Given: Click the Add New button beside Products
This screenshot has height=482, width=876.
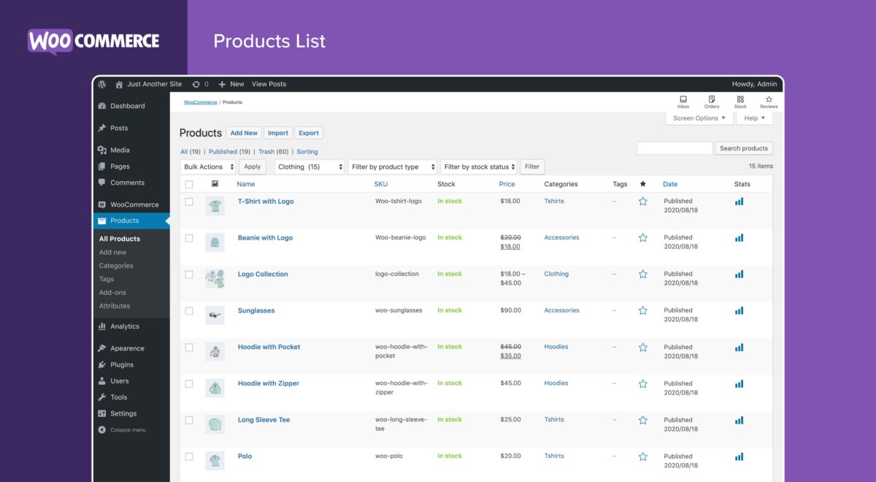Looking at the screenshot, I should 244,133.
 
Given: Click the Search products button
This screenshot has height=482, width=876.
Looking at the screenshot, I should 743,148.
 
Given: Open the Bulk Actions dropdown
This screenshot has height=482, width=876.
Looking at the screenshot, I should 208,167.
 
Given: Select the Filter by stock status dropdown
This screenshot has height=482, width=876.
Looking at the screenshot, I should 479,167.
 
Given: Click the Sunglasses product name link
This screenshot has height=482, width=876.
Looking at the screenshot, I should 256,310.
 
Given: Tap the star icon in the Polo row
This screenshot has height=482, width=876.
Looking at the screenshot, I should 643,456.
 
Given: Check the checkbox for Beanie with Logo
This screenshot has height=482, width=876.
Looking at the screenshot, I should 189,238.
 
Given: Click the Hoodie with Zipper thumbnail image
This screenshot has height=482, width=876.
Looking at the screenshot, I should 215,388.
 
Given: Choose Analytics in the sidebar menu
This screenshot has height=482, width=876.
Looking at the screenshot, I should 124,326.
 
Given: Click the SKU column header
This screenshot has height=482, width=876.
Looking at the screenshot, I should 381,184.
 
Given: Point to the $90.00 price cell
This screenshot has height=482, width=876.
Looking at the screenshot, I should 510,310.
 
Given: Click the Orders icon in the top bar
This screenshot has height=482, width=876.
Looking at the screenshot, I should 712,102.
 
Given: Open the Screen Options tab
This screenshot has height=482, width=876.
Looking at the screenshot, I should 699,118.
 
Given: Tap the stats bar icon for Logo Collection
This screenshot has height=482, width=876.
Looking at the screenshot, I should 739,275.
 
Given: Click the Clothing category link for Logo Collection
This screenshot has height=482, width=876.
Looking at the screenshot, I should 556,274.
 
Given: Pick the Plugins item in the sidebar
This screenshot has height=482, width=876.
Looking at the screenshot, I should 122,364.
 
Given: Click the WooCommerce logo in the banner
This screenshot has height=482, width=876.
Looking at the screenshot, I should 93,41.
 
